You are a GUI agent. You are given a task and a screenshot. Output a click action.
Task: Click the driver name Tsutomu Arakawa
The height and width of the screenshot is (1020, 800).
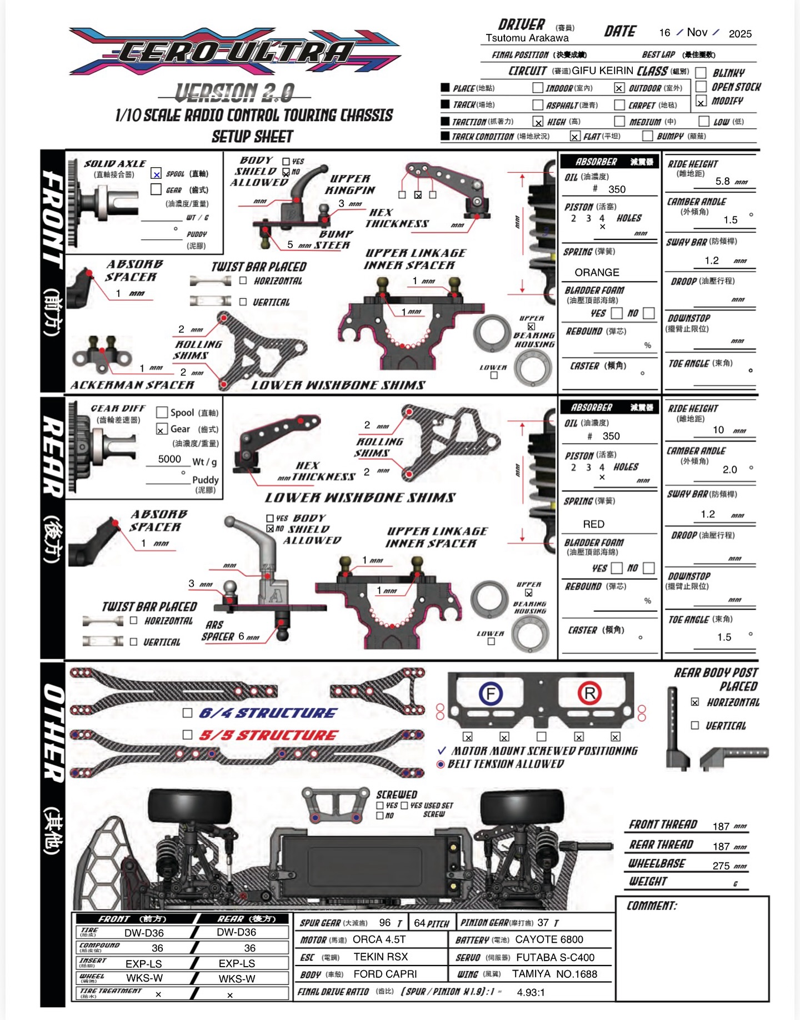coord(527,38)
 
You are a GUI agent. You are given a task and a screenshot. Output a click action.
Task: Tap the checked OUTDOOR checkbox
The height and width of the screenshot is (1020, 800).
coord(619,88)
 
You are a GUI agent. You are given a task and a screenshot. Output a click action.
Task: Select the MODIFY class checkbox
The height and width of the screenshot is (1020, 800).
coord(701,102)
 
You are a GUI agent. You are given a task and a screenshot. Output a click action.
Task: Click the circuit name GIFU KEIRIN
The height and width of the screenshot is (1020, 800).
coord(602,71)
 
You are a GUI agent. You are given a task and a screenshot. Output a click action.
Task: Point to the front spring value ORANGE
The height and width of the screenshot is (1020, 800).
coord(597,272)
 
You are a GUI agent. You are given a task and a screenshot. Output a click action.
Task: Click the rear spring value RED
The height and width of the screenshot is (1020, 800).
coord(593,524)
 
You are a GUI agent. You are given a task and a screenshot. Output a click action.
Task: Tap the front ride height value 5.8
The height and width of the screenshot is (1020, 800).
coord(722,181)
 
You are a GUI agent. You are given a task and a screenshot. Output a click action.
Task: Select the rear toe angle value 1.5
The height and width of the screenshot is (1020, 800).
coord(724,637)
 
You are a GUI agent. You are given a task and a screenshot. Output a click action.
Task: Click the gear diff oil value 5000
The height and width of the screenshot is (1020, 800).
coord(169,459)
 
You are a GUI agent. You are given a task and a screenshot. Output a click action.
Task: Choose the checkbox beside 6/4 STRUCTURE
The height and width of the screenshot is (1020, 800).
coord(188,713)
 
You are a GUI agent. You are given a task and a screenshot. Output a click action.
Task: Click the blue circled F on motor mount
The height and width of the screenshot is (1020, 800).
coord(491,694)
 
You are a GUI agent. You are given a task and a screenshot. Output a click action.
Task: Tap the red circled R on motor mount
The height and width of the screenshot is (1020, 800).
coord(589,693)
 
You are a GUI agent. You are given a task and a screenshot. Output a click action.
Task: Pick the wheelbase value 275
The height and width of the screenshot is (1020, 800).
coord(721,866)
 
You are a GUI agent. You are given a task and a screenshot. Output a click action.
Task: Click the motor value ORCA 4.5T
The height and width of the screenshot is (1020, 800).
coord(379,939)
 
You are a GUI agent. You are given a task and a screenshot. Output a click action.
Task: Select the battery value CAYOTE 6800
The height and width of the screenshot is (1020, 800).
coord(549,939)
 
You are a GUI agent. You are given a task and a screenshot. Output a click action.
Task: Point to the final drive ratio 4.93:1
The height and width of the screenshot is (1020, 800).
coord(531,992)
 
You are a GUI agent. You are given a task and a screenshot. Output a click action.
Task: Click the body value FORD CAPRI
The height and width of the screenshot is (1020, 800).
coord(385,974)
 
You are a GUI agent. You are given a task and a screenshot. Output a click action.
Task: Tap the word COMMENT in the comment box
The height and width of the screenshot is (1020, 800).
coord(652,906)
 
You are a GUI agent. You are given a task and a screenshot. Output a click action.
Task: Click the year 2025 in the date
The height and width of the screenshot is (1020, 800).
coord(740,33)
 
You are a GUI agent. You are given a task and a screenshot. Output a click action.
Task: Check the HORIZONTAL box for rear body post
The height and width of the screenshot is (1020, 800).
coord(694,702)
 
